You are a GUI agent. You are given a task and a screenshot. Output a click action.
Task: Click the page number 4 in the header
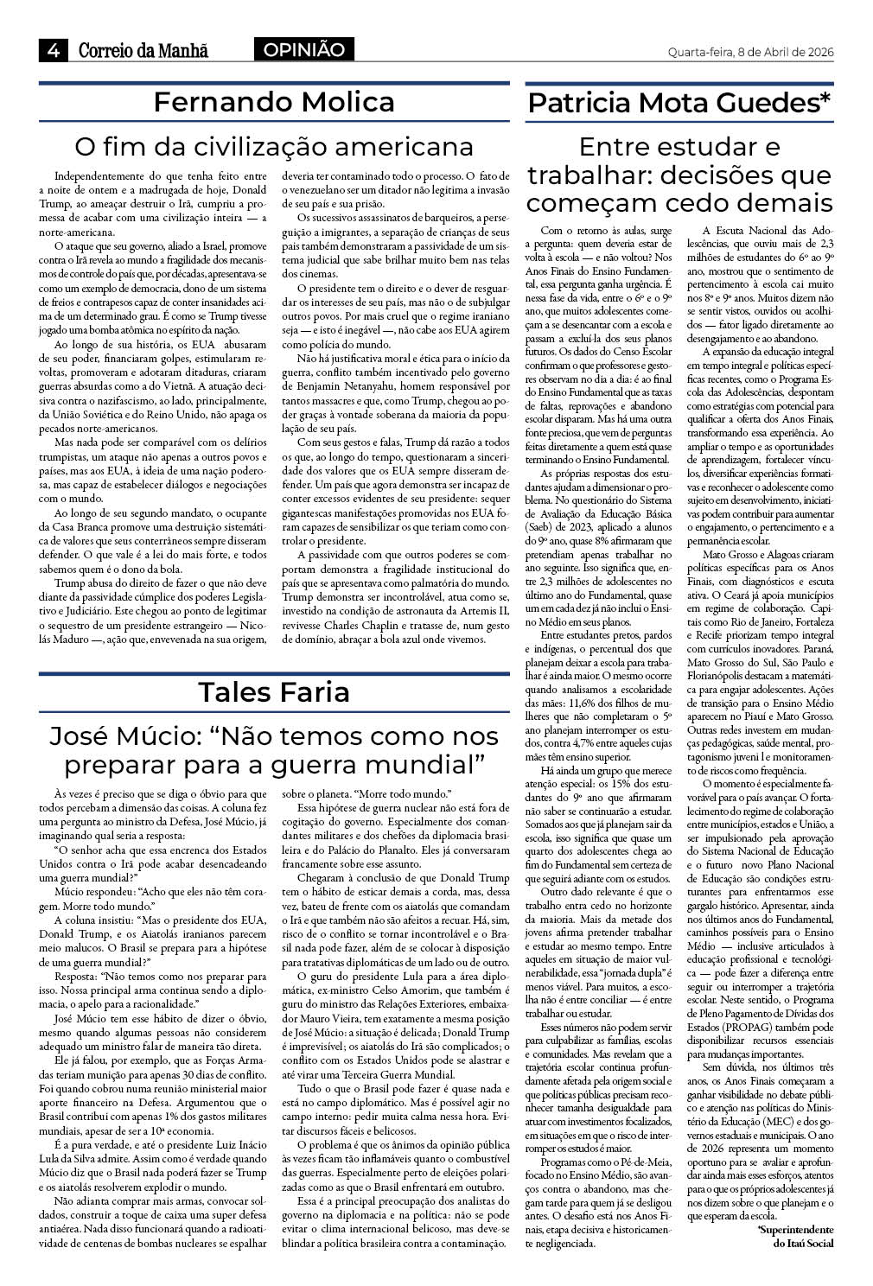[54, 50]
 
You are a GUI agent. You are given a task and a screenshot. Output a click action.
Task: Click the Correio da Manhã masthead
[143, 51]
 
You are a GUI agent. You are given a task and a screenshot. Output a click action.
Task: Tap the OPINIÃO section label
[303, 50]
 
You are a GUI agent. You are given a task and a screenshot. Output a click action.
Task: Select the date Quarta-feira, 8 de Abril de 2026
[750, 51]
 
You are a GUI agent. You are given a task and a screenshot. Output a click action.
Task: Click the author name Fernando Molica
[274, 102]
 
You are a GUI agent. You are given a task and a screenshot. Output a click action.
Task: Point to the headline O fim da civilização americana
[274, 144]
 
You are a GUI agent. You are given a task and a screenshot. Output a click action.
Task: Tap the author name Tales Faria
[274, 691]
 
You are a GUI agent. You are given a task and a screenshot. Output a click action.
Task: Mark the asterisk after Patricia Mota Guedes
[825, 98]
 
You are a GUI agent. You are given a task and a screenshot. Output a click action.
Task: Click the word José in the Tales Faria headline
[79, 736]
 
